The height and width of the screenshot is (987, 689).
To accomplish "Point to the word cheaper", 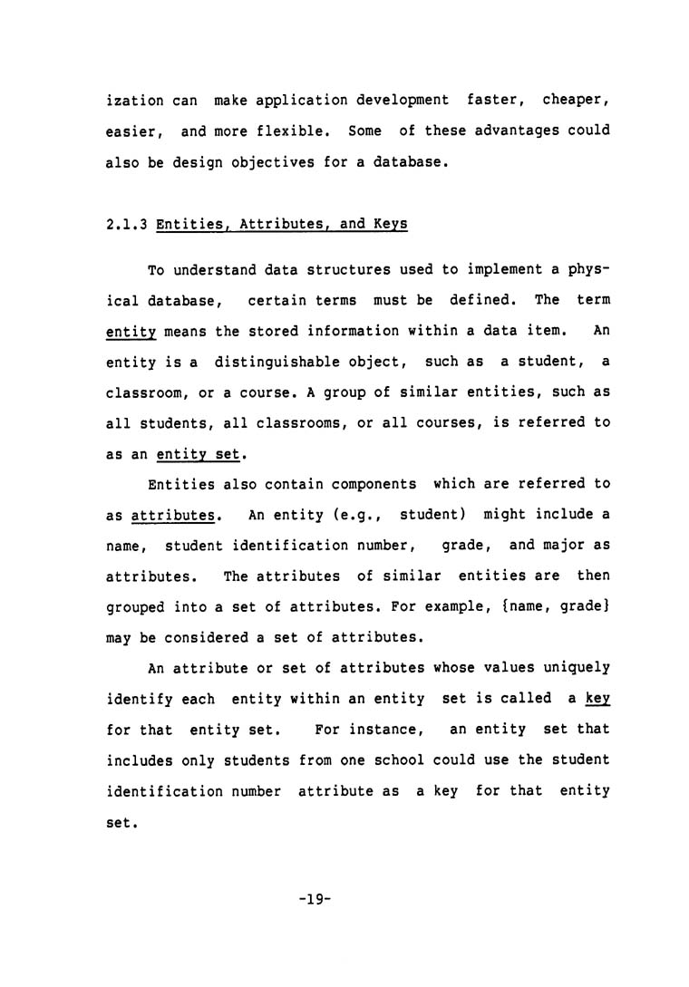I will (576, 100).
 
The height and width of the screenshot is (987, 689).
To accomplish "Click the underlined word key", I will (597, 698).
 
